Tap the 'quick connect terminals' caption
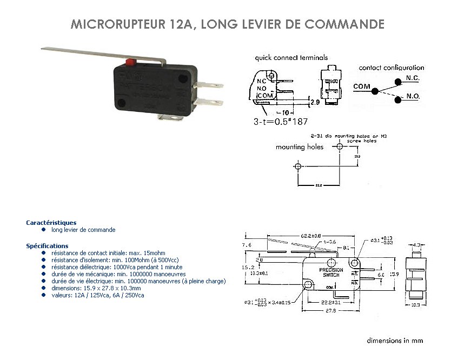click(x=291, y=57)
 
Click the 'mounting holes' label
click(x=300, y=146)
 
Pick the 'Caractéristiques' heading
click(x=51, y=222)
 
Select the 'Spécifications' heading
click(x=47, y=246)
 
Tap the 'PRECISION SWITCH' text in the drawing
click(x=330, y=272)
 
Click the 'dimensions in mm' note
click(x=394, y=341)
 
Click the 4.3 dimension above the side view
click(x=417, y=245)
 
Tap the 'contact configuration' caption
click(x=392, y=68)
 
